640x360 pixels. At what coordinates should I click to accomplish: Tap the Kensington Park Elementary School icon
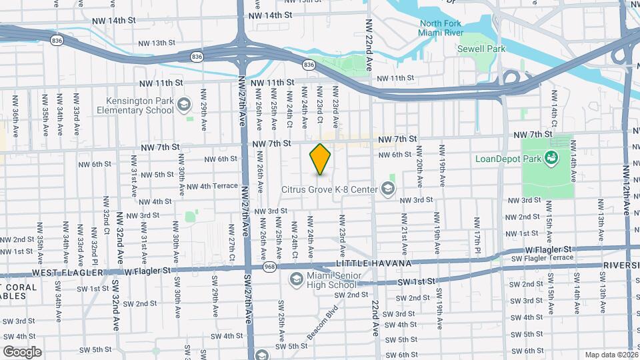coord(185,106)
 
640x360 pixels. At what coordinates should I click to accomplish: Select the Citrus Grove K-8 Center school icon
coord(386,189)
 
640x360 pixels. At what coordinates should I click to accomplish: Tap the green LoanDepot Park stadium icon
coord(551,158)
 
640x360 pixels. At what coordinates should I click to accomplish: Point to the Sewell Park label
coord(481,49)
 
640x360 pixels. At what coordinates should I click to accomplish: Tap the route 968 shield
coord(269,267)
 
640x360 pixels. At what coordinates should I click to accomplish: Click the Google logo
coord(22,351)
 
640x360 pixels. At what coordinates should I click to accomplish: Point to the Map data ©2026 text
coord(612,355)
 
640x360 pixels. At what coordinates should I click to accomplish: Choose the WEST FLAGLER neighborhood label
coord(65,273)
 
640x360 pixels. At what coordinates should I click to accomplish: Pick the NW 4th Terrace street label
coord(212,186)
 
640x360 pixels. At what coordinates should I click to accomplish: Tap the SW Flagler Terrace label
coord(542,258)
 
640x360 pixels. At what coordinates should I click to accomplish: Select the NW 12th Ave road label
coord(626,190)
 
